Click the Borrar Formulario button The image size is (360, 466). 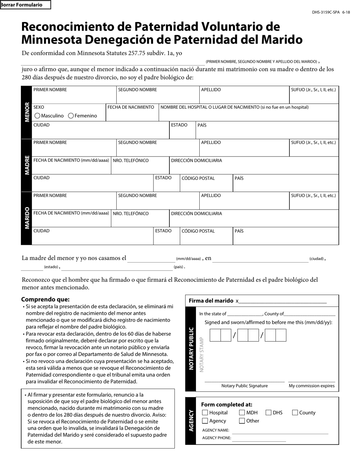pos(25,5)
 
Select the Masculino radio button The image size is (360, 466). pos(38,116)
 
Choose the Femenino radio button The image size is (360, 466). pos(71,116)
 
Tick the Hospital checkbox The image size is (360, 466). pos(205,413)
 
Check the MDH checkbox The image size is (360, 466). pos(242,413)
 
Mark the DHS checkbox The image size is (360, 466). pos(269,413)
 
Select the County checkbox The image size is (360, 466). pos(295,413)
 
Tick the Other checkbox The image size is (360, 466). pos(242,421)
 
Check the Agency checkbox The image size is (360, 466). pos(205,421)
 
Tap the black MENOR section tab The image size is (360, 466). pos(27,112)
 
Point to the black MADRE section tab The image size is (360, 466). pos(27,165)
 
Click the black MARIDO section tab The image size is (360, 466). pos(27,218)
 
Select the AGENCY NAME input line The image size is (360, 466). pos(280,431)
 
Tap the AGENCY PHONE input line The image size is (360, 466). pos(258,438)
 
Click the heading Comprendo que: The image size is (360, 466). pos(45,299)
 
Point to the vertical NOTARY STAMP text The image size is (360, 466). pos(202,354)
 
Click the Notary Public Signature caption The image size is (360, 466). pos(244,386)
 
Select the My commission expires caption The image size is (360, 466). pos(311,386)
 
